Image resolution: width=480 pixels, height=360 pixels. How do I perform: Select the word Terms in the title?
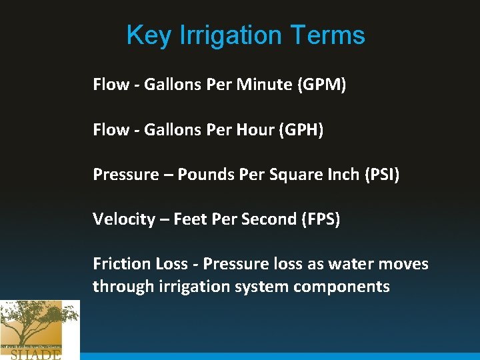coord(334,35)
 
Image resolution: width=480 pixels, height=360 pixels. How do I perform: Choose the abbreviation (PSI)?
coord(379,174)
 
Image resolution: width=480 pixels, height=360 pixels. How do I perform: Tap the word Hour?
coord(255,129)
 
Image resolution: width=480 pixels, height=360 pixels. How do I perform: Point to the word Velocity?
coord(123,219)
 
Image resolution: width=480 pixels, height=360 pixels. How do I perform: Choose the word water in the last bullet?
coord(350,263)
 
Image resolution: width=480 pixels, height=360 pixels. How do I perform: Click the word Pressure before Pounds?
coord(124,174)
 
